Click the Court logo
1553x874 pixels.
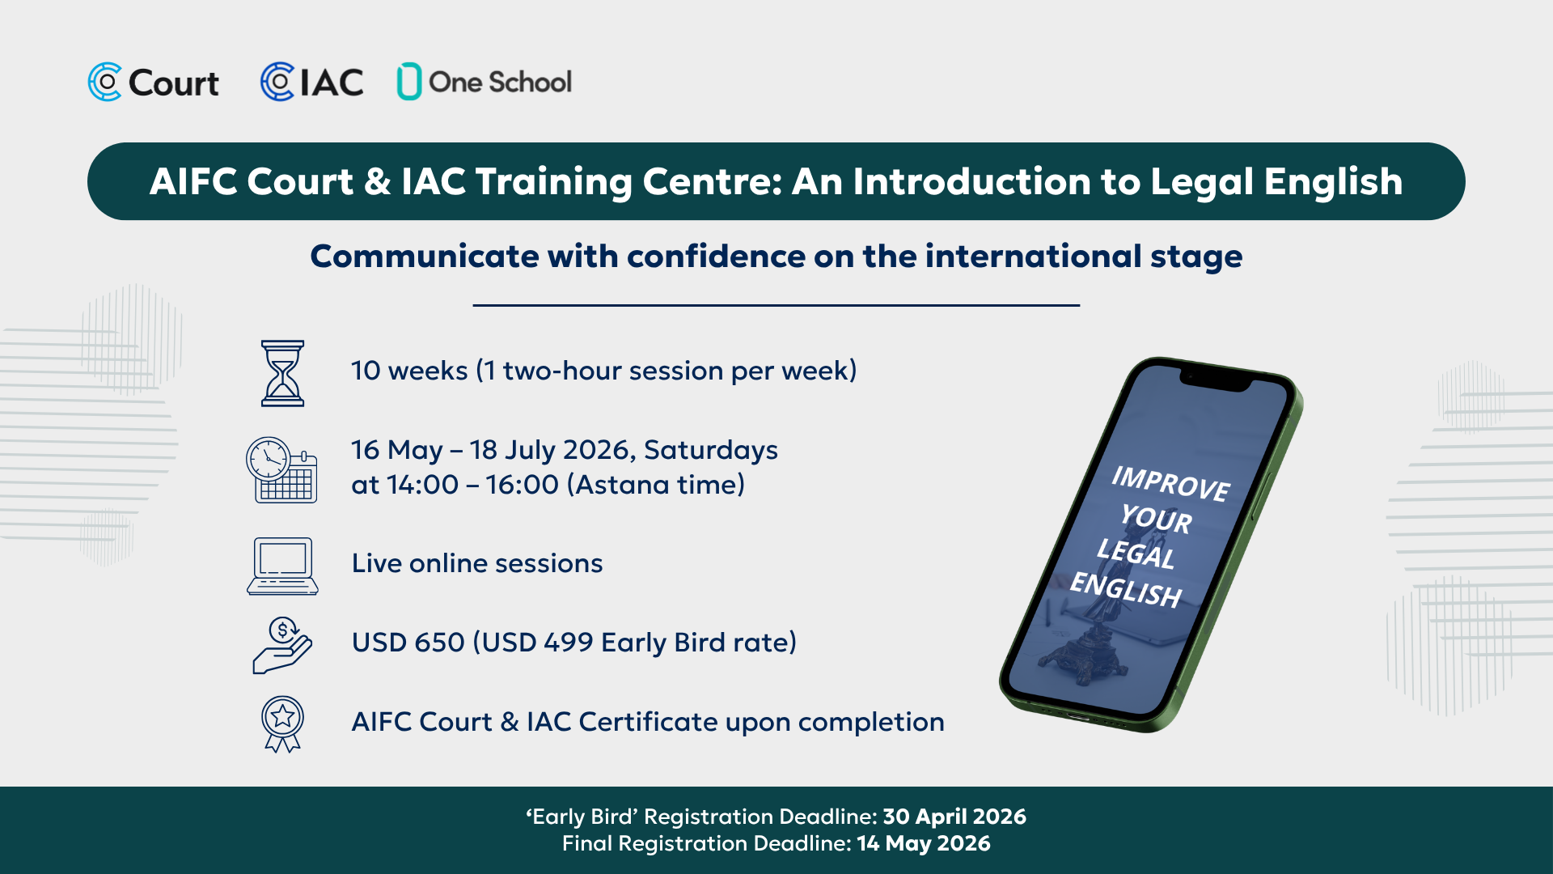(x=154, y=83)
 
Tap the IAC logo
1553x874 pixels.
(x=311, y=83)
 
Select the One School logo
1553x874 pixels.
(x=484, y=82)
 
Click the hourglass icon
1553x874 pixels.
(x=282, y=373)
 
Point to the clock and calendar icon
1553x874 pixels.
(x=281, y=470)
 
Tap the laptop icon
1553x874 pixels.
(x=282, y=566)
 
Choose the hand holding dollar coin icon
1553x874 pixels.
(x=282, y=645)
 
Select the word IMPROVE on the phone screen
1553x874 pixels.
(x=1170, y=483)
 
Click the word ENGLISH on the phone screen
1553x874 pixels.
(x=1126, y=589)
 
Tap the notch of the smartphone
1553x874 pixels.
(x=1217, y=381)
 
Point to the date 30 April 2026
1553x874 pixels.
(x=954, y=817)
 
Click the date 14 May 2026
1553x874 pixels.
(x=924, y=843)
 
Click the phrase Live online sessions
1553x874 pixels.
(x=477, y=563)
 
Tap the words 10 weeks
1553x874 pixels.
(x=409, y=371)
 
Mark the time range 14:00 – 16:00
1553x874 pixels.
(x=472, y=485)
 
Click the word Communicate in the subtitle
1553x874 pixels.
(x=425, y=257)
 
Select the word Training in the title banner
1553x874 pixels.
(x=553, y=183)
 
